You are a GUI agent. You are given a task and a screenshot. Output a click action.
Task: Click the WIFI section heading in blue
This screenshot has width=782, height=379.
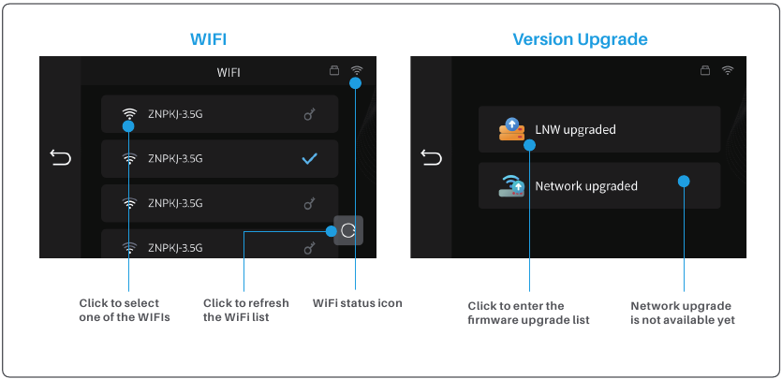[208, 39]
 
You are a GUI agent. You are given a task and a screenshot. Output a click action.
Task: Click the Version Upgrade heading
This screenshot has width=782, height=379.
[580, 39]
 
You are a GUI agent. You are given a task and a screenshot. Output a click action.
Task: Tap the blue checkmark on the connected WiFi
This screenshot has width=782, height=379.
[309, 159]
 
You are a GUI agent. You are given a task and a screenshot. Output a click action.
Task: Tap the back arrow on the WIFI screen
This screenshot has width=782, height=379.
[60, 157]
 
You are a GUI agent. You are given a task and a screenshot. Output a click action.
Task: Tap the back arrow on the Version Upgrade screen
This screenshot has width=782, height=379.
[431, 157]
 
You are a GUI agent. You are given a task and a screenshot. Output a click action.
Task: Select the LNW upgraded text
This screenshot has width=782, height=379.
[575, 129]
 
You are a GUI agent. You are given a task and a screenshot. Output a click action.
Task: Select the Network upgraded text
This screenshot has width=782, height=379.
[585, 185]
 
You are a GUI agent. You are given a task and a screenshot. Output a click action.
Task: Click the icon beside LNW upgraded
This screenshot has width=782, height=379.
[510, 129]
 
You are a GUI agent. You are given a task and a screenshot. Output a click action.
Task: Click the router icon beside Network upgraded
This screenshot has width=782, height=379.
[510, 185]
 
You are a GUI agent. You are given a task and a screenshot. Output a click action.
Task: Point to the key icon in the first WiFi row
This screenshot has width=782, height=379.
[310, 115]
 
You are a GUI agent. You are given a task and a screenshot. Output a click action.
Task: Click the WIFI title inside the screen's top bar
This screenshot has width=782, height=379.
[229, 71]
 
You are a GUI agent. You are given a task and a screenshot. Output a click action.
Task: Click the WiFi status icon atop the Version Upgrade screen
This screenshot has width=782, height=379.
[728, 70]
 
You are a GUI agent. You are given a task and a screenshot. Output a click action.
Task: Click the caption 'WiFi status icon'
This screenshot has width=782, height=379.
[357, 303]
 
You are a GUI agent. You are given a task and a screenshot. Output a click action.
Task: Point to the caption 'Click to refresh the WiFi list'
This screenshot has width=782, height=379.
[245, 310]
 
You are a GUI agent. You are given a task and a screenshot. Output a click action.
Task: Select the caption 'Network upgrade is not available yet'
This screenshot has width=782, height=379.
[682, 313]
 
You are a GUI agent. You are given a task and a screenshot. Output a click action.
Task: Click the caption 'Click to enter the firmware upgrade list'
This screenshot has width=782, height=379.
[528, 313]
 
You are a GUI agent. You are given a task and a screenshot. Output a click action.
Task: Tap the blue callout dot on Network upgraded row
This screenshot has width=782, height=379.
[684, 182]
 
